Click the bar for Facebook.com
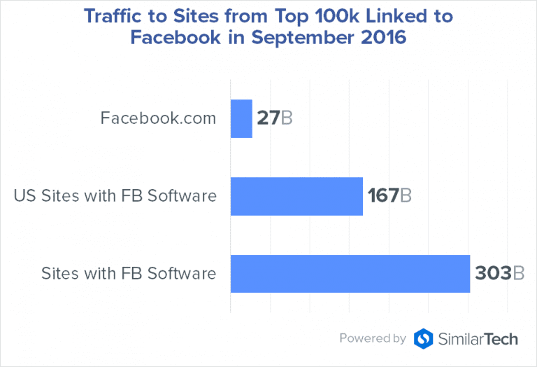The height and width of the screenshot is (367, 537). (x=241, y=118)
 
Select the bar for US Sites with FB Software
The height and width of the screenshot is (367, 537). (x=296, y=195)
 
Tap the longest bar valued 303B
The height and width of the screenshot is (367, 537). (x=350, y=273)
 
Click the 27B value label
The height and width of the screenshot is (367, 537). (x=275, y=118)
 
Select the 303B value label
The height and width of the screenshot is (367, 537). (x=499, y=273)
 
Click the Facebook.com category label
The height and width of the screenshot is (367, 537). (x=158, y=118)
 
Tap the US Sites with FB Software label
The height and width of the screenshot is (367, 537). (x=115, y=195)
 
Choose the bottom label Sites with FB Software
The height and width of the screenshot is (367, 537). (x=127, y=273)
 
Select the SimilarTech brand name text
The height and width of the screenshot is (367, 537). (x=478, y=339)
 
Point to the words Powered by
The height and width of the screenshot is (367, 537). (x=373, y=339)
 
